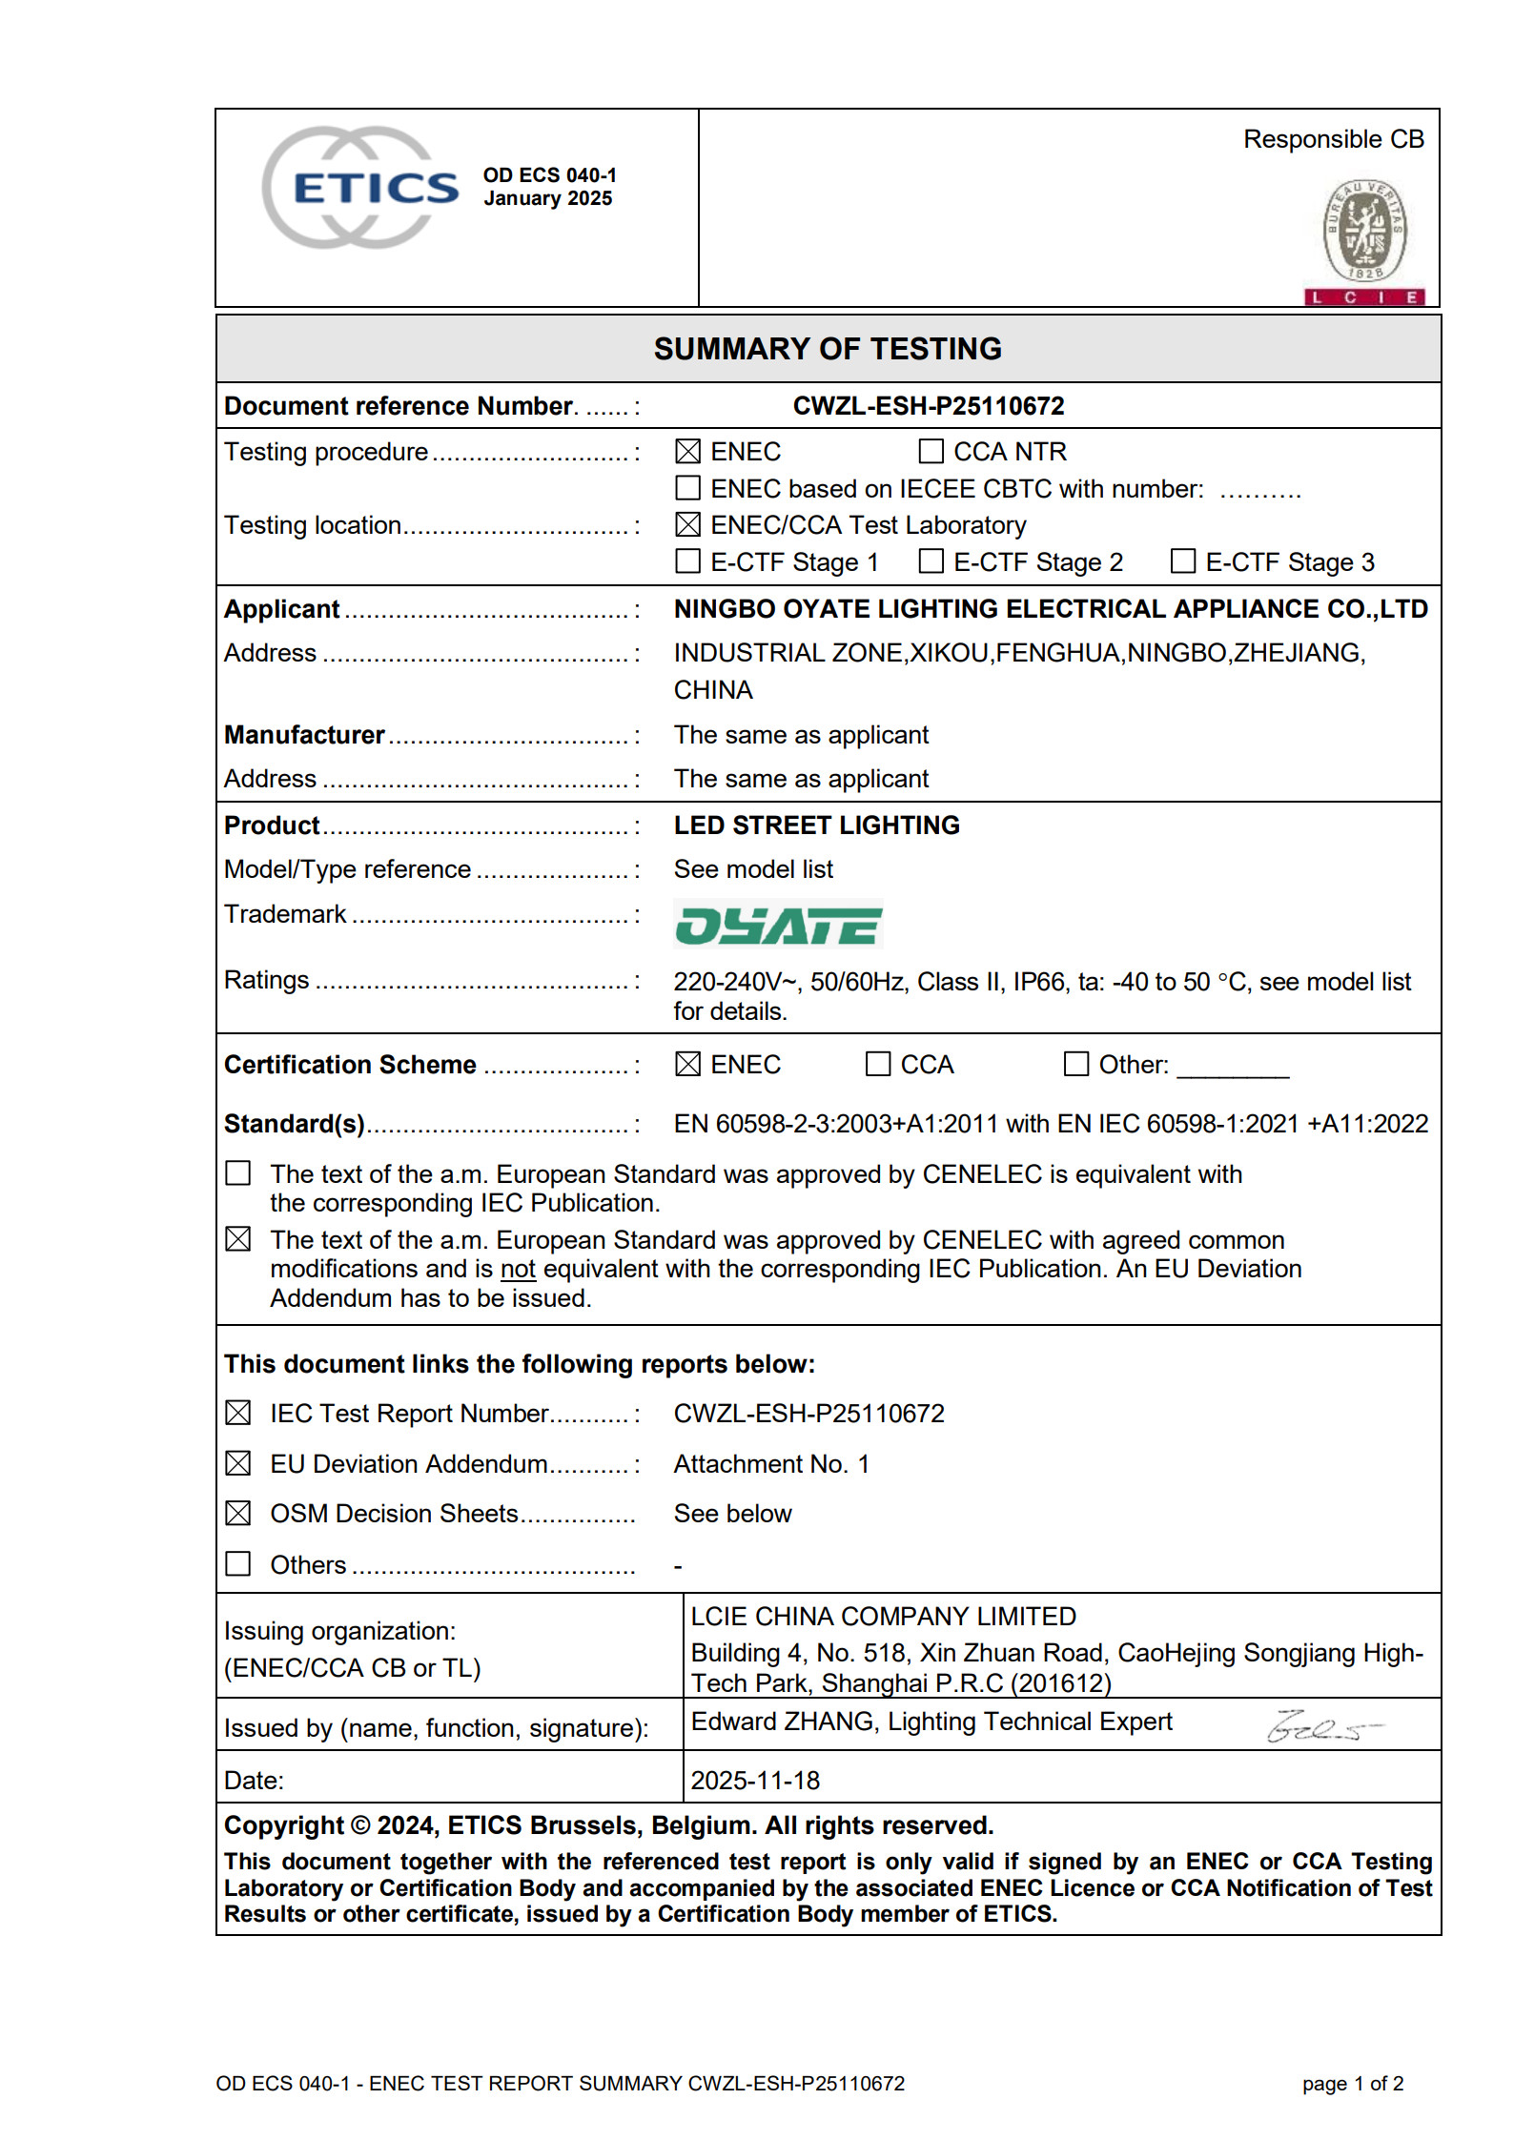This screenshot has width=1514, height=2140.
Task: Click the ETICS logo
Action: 360,188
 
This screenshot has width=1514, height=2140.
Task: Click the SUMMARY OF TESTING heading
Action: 828,349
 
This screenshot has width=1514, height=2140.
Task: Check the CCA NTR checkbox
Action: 931,451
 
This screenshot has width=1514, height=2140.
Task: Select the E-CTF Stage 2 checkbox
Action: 931,561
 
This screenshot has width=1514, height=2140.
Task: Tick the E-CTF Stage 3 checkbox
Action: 1182,561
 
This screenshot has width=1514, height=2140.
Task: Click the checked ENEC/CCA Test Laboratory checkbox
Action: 687,525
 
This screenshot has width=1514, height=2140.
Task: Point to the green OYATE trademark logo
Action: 778,925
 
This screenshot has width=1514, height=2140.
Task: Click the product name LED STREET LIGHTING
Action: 816,825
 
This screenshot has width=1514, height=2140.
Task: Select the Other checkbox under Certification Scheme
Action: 1075,1064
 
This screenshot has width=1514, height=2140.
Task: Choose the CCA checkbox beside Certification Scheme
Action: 877,1064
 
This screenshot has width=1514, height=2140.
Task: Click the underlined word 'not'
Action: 518,1270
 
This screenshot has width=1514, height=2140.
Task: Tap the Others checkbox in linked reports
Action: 238,1564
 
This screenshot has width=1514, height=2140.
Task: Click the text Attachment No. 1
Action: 770,1464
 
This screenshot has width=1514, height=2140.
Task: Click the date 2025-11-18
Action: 755,1781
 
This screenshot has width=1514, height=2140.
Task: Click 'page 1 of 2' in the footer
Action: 1352,2084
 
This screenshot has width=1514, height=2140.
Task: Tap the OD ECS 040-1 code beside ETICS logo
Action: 549,175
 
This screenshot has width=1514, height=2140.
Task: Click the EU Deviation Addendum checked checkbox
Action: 238,1463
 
